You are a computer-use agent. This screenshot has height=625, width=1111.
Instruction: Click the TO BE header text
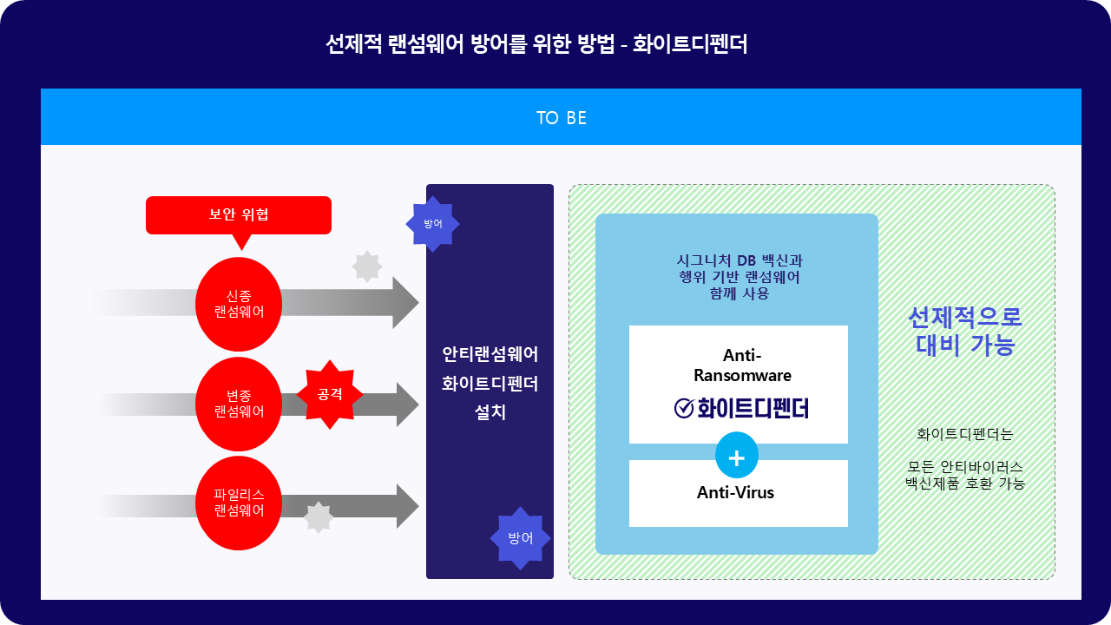click(562, 118)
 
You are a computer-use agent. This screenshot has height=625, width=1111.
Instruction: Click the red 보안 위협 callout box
click(239, 215)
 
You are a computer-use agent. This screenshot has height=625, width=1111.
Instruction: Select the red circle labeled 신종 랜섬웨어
click(239, 304)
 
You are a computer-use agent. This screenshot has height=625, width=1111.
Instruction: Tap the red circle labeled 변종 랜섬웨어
click(239, 404)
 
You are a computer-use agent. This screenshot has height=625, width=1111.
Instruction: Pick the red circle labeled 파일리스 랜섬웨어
click(239, 503)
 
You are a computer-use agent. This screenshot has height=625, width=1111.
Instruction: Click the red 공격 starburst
click(330, 394)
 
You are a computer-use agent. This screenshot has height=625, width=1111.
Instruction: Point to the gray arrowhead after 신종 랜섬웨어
click(405, 303)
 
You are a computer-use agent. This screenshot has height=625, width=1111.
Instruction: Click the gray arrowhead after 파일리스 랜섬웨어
click(408, 506)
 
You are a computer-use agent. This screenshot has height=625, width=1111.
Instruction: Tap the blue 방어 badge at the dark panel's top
click(432, 224)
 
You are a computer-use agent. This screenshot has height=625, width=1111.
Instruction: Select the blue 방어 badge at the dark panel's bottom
click(520, 538)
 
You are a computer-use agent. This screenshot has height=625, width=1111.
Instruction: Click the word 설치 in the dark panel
click(490, 412)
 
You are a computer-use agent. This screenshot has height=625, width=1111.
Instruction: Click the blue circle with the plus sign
click(737, 456)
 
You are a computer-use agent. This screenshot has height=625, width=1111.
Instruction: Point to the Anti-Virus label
click(735, 492)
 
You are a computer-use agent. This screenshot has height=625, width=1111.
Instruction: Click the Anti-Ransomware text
click(742, 365)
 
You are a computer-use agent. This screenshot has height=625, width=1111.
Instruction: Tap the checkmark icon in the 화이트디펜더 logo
click(684, 408)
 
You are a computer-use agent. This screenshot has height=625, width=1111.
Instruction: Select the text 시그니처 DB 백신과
click(739, 260)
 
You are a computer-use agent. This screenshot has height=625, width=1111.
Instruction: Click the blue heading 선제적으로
click(965, 318)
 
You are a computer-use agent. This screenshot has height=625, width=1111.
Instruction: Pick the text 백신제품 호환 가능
click(965, 484)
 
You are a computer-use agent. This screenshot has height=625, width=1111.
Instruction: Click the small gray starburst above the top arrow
click(367, 266)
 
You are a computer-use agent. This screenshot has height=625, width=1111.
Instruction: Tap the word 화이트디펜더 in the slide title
click(690, 43)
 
